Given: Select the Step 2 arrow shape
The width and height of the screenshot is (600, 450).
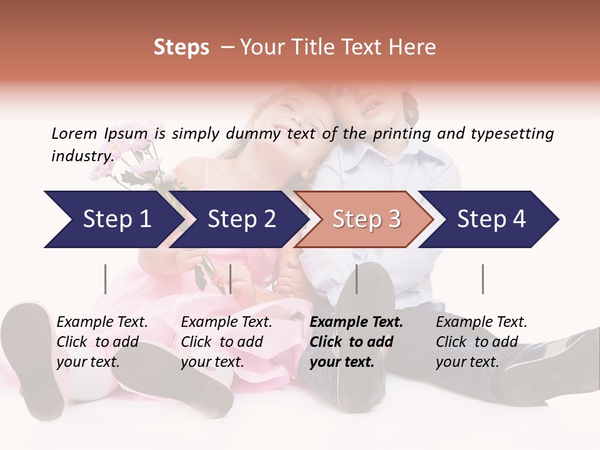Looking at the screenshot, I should pyautogui.click(x=241, y=219).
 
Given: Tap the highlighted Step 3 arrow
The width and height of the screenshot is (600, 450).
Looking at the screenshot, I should pyautogui.click(x=366, y=219).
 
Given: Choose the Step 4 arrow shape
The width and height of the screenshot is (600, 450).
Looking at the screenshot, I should pyautogui.click(x=491, y=219).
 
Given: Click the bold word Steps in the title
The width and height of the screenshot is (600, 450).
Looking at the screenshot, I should pyautogui.click(x=181, y=47).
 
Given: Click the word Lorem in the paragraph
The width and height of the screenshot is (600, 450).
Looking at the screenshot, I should pyautogui.click(x=74, y=133).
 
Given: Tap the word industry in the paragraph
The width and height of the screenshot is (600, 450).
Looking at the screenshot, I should pyautogui.click(x=82, y=156).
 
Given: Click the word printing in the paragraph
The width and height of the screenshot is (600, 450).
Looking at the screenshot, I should pyautogui.click(x=403, y=133).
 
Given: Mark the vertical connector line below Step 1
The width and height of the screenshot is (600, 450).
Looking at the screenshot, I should pyautogui.click(x=105, y=279).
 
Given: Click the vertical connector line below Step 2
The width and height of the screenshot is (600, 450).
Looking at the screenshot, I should pyautogui.click(x=231, y=279).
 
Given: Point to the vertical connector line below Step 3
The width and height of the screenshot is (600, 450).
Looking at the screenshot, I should pyautogui.click(x=356, y=279).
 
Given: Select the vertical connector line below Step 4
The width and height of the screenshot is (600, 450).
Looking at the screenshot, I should pyautogui.click(x=482, y=279).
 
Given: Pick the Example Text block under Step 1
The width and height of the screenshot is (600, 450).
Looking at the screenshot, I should pyautogui.click(x=102, y=342).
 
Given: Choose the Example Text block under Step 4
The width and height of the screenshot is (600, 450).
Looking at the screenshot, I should pyautogui.click(x=481, y=342).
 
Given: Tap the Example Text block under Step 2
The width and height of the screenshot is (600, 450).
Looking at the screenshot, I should pyautogui.click(x=226, y=342).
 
